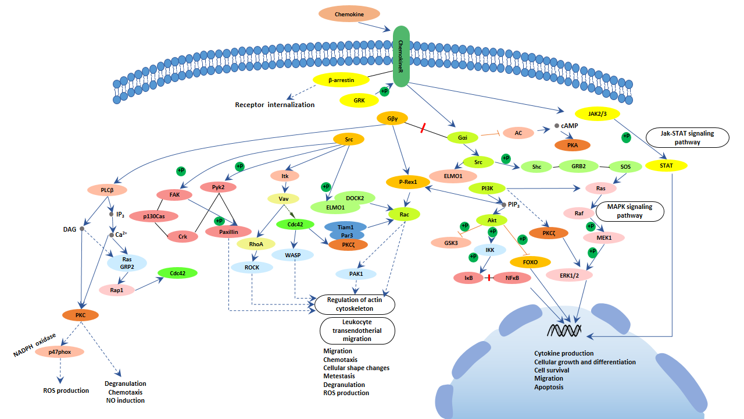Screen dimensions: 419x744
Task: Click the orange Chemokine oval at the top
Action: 349,14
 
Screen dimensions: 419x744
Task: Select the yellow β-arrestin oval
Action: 341,79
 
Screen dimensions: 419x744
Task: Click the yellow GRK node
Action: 359,101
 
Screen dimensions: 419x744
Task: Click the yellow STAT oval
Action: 666,166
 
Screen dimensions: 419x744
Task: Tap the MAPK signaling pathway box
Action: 629,211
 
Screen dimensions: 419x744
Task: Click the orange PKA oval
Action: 572,145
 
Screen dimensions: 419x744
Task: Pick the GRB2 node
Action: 578,166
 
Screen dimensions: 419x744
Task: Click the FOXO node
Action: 530,262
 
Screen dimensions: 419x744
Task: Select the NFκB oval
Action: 512,278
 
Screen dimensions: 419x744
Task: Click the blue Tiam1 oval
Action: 345,226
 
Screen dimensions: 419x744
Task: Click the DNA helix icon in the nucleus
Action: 564,330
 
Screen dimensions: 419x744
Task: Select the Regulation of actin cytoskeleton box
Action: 355,304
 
